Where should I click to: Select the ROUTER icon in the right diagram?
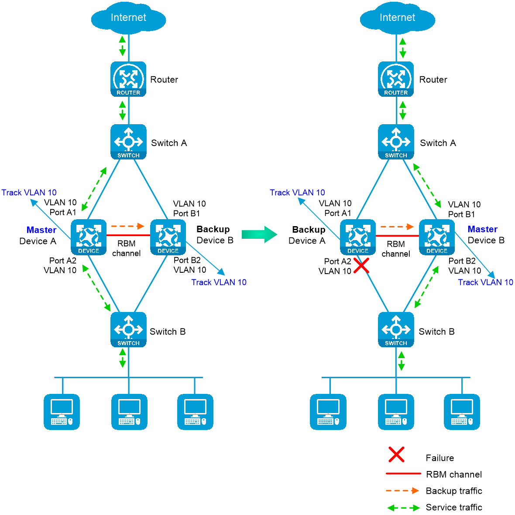(x=396, y=79)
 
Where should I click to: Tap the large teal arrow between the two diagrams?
(x=260, y=234)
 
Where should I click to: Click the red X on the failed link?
(x=361, y=265)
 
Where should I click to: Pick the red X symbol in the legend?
(x=396, y=454)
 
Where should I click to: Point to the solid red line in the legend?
(x=403, y=473)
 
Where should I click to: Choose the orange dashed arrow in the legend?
(x=402, y=491)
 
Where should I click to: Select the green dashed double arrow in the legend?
(x=403, y=508)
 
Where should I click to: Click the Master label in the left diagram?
(x=41, y=231)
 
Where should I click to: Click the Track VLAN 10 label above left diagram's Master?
(x=29, y=193)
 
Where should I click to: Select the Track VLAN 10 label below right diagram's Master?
(x=485, y=282)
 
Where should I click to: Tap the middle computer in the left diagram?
(x=129, y=412)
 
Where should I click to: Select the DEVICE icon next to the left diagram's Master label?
(x=89, y=237)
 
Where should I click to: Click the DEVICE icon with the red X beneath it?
(x=358, y=237)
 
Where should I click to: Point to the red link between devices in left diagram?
(x=128, y=237)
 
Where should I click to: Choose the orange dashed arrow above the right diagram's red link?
(x=397, y=227)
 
